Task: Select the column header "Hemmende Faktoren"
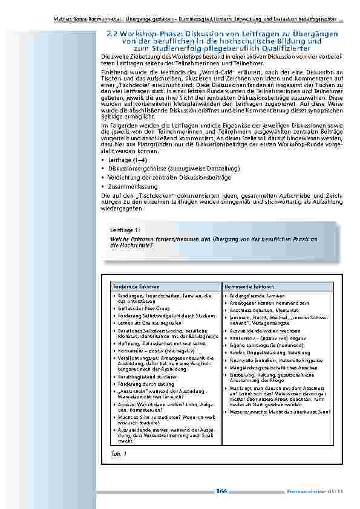pos(246,285)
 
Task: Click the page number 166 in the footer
pos(221,491)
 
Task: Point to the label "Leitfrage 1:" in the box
pos(125,230)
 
